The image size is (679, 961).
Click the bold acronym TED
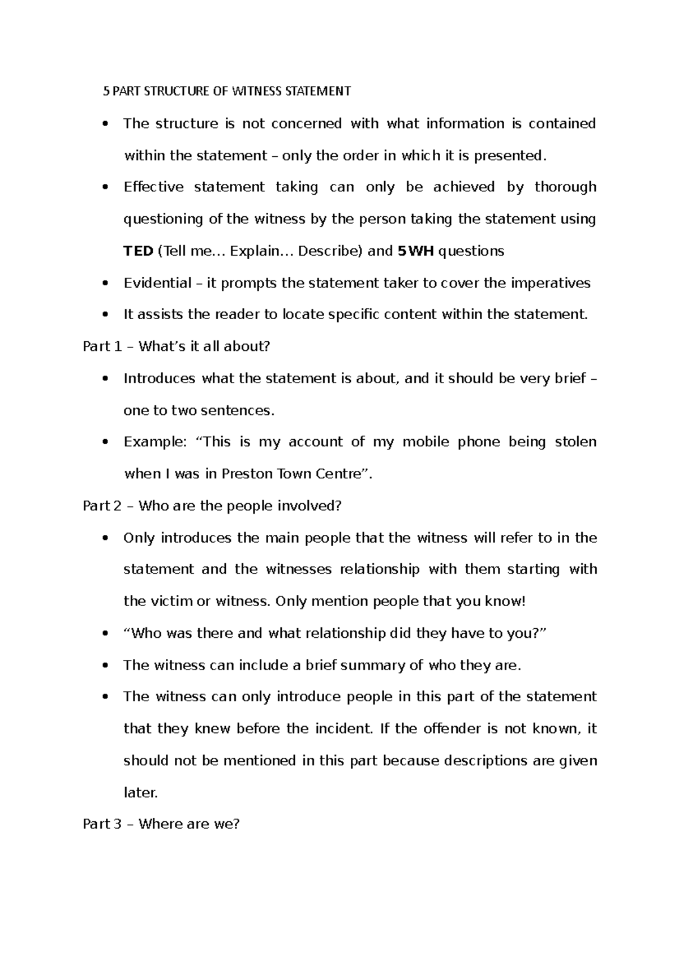click(138, 251)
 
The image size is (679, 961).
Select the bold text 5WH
click(416, 251)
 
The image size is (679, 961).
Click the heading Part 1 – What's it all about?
click(177, 346)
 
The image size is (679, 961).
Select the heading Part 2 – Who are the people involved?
click(212, 506)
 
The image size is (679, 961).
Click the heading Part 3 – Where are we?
click(161, 824)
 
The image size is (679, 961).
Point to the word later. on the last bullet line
click(140, 793)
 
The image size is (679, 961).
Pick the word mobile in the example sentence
click(425, 442)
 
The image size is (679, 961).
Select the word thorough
click(565, 187)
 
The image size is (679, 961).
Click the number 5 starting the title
click(105, 91)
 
